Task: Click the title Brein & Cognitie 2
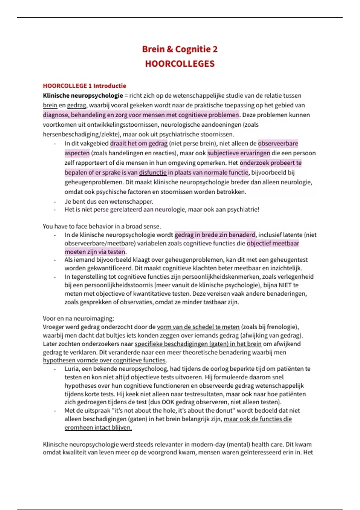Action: coord(180,49)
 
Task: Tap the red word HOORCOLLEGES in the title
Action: coord(180,64)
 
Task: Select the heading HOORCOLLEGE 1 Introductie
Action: coord(84,86)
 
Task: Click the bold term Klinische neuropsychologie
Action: coord(83,96)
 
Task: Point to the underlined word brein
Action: coord(50,105)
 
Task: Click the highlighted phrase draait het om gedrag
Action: coord(139,143)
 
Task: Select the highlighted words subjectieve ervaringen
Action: coord(238,153)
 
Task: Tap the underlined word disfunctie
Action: coord(153,172)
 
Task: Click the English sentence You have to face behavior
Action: coord(102,226)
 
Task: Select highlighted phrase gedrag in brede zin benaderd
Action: coord(215,235)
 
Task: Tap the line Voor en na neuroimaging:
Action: coord(78,318)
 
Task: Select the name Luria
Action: coord(72,369)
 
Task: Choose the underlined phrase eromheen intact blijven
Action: coord(98,427)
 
